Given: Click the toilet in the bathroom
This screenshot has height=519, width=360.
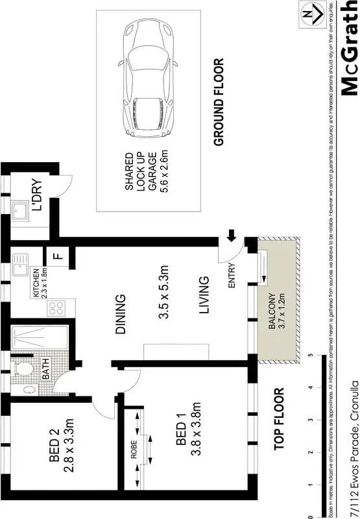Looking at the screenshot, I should pos(22,368).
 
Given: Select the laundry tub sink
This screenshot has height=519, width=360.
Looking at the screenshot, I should pos(19,211).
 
